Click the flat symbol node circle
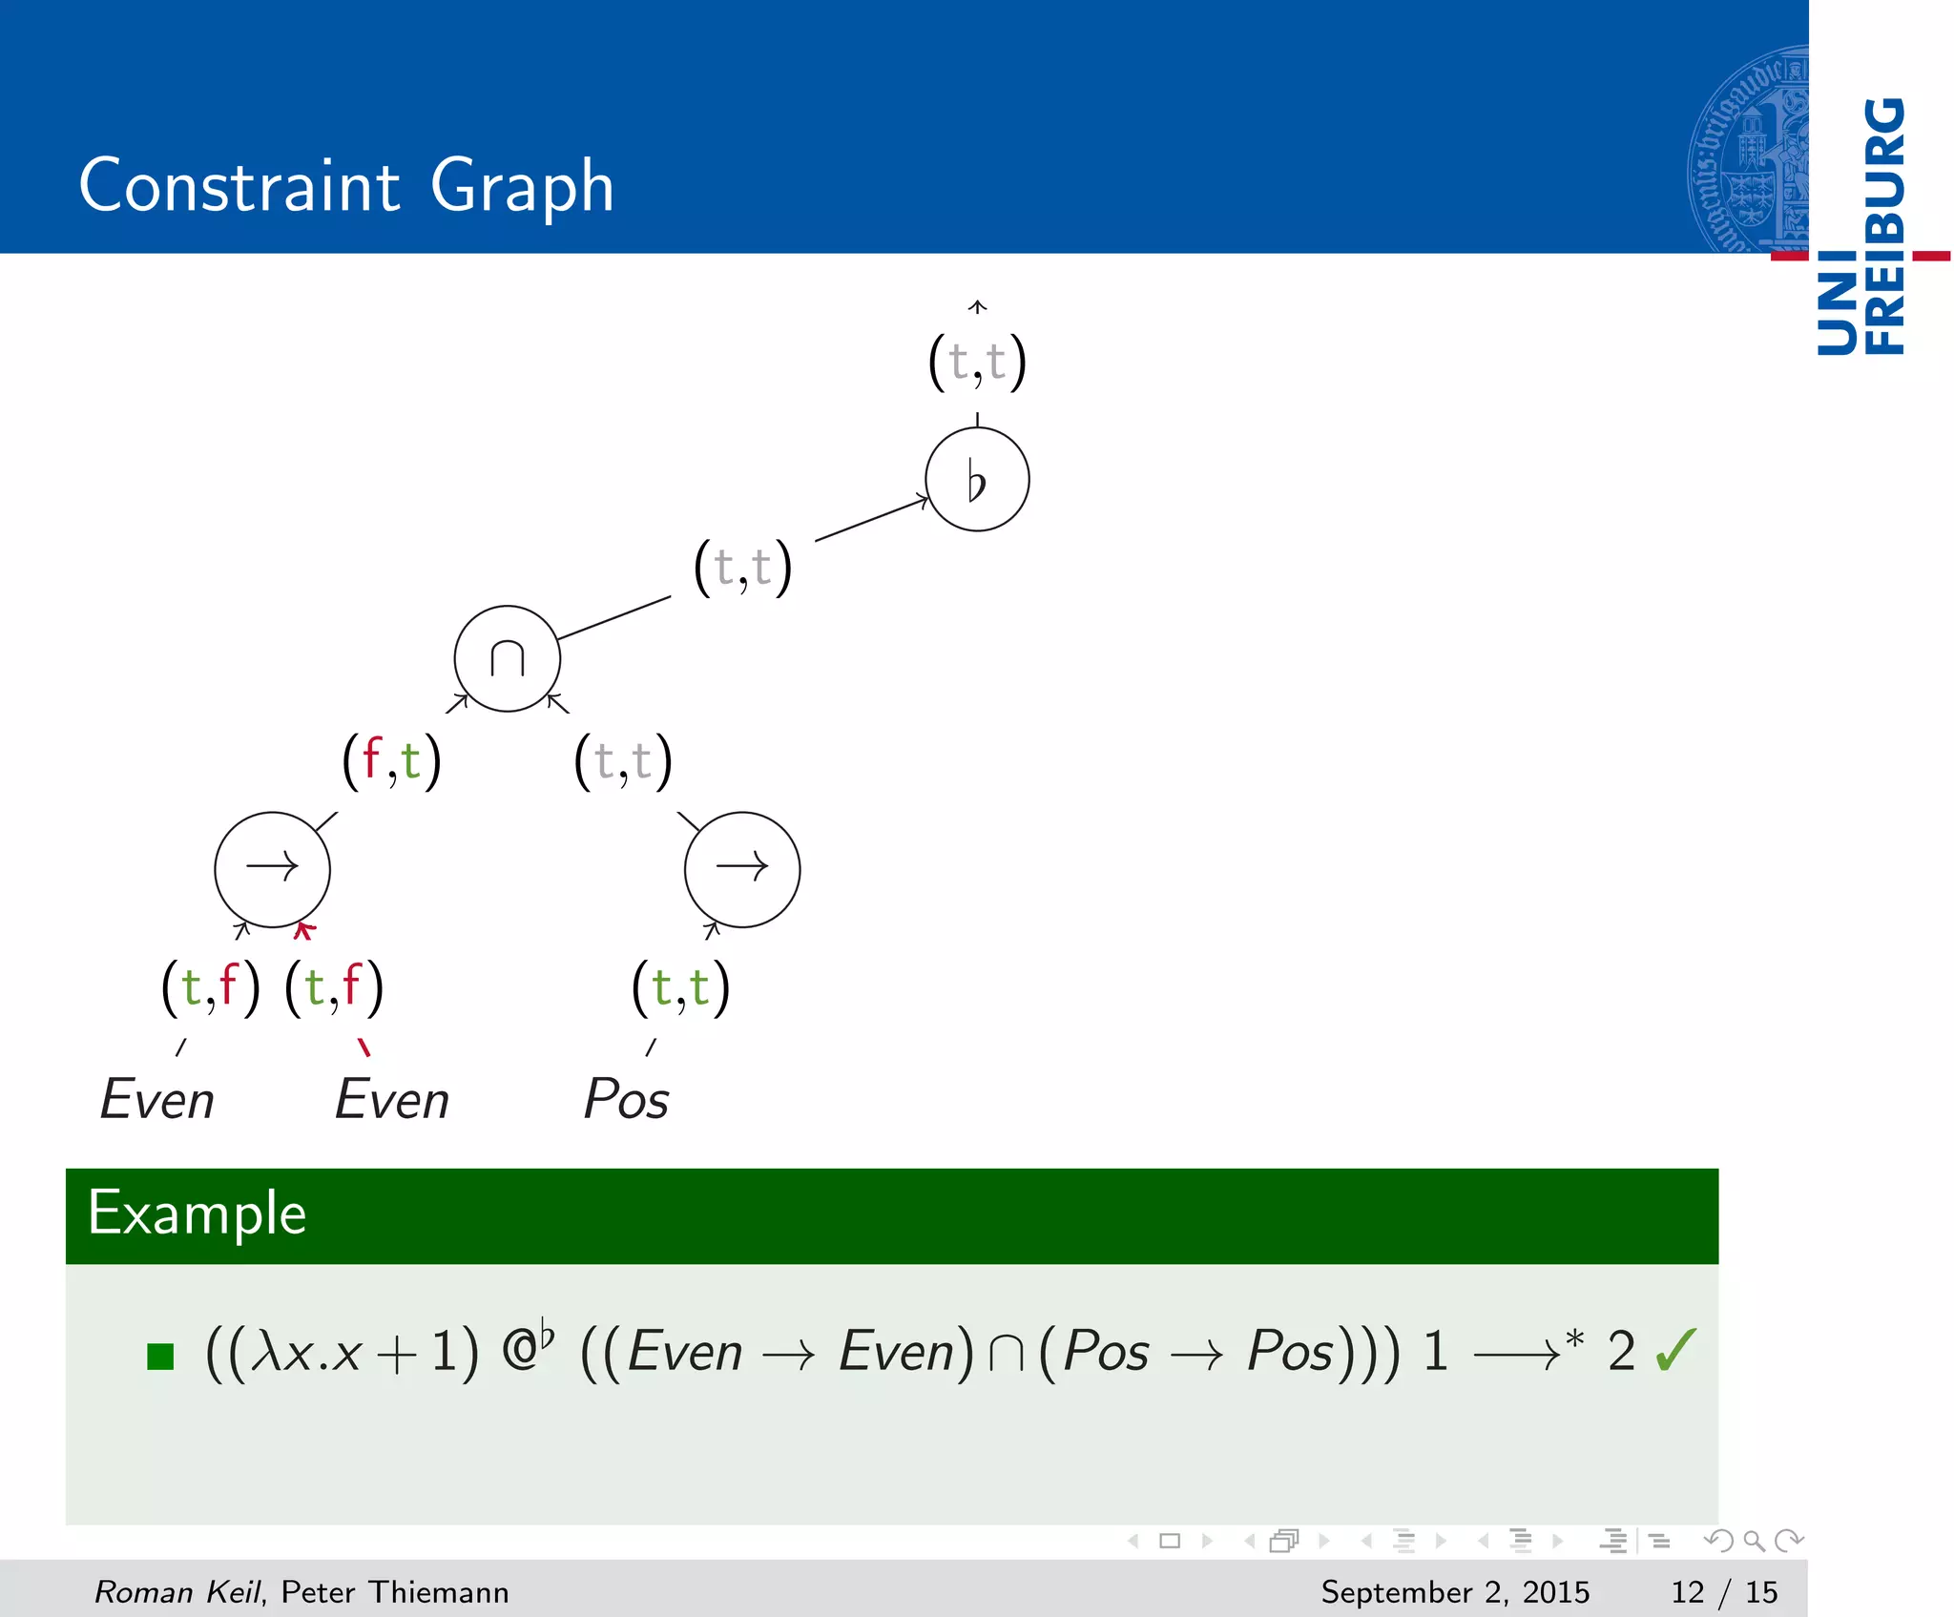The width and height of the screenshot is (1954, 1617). (x=977, y=479)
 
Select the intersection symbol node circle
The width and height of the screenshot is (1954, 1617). (x=507, y=658)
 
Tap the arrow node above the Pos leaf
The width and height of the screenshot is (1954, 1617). (x=742, y=868)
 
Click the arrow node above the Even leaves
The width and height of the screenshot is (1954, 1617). (x=272, y=868)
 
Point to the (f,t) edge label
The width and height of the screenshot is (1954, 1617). (x=392, y=761)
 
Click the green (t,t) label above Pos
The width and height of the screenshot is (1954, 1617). (x=681, y=988)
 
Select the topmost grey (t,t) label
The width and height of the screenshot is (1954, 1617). (x=977, y=363)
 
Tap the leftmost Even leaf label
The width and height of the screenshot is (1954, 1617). (x=157, y=1099)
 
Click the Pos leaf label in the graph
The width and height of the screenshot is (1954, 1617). (x=626, y=1099)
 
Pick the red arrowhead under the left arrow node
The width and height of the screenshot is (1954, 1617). (x=303, y=930)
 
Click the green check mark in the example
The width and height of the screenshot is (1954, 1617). (x=1675, y=1350)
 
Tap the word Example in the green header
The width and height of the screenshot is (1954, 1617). (x=197, y=1213)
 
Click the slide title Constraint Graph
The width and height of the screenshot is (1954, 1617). (x=346, y=185)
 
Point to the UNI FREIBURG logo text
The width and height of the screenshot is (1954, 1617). (x=1860, y=227)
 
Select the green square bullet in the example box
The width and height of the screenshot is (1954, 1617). (x=160, y=1356)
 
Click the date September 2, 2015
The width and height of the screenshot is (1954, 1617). (x=1454, y=1591)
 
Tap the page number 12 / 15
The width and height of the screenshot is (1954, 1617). (x=1723, y=1591)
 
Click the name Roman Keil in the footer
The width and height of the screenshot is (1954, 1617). (x=177, y=1591)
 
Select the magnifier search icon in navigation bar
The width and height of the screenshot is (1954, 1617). (x=1754, y=1541)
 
